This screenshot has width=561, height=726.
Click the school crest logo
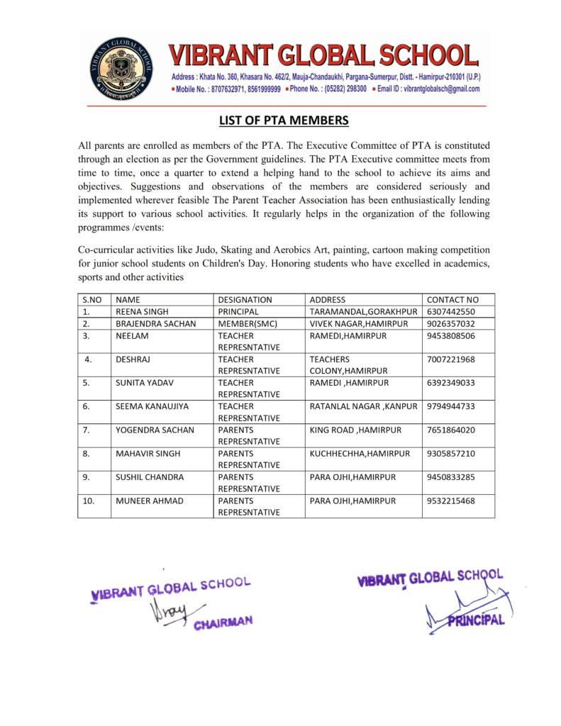[121, 69]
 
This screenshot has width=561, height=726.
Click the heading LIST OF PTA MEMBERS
[284, 121]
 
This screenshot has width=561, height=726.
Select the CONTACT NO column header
[452, 300]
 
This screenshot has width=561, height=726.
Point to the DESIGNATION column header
[245, 300]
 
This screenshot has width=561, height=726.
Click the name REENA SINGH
[143, 312]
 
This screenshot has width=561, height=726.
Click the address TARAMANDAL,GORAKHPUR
[363, 312]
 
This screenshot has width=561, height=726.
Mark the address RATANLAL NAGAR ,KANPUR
[362, 406]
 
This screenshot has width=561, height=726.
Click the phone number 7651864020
[451, 430]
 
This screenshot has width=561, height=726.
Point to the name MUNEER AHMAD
[149, 501]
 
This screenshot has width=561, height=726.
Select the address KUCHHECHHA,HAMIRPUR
[360, 453]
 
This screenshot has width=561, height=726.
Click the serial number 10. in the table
[89, 501]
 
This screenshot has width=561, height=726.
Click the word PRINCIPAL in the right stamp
[477, 620]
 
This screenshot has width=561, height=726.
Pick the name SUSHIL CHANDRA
[149, 477]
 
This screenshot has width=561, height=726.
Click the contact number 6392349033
[451, 383]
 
